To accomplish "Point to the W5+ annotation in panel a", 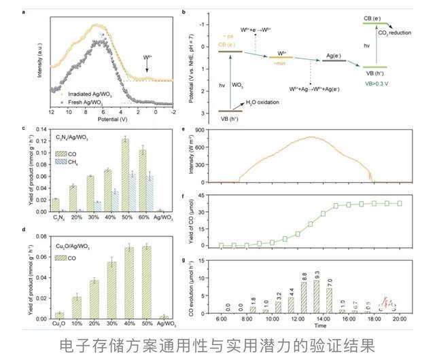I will (x=147, y=58).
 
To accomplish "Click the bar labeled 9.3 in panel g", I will (x=317, y=293).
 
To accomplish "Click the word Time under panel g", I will (x=316, y=326).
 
